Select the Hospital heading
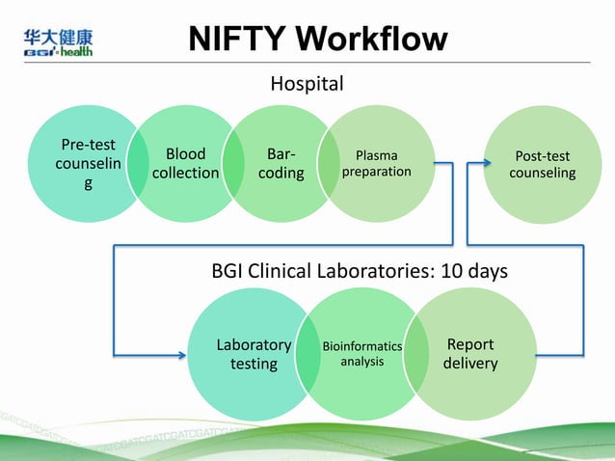(307, 85)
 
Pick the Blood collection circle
(185, 163)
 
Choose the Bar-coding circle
(281, 163)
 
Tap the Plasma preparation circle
(376, 163)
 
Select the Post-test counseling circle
(542, 164)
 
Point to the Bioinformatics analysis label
(361, 353)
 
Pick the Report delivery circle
(470, 354)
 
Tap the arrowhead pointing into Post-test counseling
(477, 163)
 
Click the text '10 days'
(474, 272)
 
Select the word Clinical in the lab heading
(280, 272)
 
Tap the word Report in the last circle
(470, 344)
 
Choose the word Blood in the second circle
(185, 153)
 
